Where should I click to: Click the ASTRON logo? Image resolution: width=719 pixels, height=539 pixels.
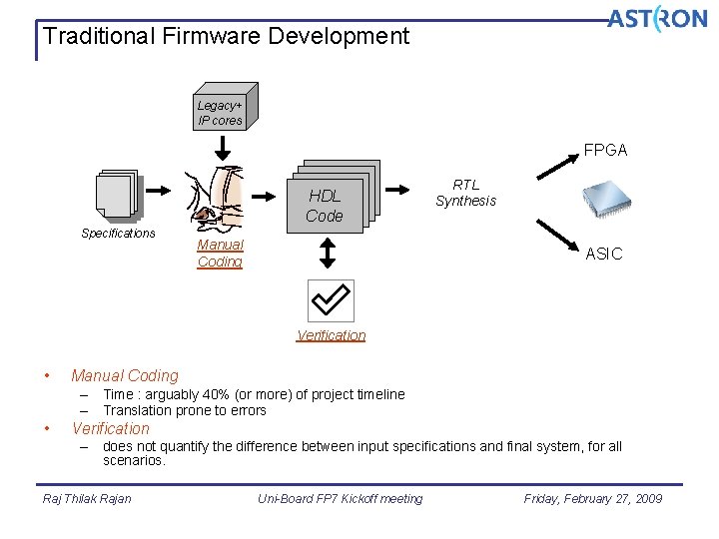pyautogui.click(x=656, y=19)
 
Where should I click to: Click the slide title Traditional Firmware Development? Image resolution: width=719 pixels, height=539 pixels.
pyautogui.click(x=227, y=37)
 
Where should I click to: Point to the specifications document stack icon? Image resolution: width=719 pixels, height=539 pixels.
pyautogui.click(x=117, y=195)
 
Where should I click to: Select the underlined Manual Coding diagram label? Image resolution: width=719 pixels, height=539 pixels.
pyautogui.click(x=220, y=254)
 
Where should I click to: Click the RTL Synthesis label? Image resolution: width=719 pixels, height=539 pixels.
pyautogui.click(x=465, y=193)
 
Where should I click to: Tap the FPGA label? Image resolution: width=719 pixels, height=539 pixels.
pyautogui.click(x=605, y=151)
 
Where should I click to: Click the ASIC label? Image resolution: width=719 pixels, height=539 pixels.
pyautogui.click(x=603, y=255)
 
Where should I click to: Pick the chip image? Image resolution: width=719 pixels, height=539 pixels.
pyautogui.click(x=607, y=200)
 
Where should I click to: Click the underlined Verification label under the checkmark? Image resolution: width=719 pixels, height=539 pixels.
pyautogui.click(x=331, y=335)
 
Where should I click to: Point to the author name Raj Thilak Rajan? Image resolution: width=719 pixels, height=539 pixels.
pyautogui.click(x=87, y=499)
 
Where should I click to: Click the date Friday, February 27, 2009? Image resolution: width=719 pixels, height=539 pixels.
pyautogui.click(x=592, y=499)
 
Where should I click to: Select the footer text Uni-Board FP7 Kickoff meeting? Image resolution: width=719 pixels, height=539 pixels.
pyautogui.click(x=340, y=499)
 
